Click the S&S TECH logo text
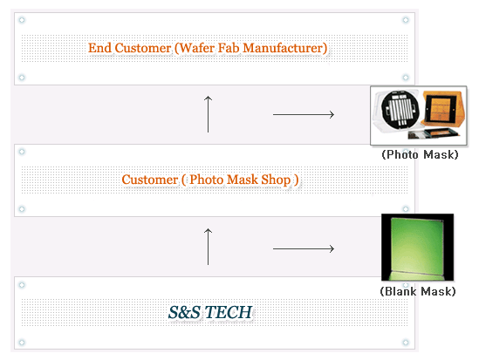pyautogui.click(x=210, y=312)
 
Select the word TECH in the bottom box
pyautogui.click(x=229, y=312)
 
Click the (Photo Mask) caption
pyautogui.click(x=420, y=154)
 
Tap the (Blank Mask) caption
pyautogui.click(x=418, y=291)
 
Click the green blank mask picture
pyautogui.click(x=417, y=248)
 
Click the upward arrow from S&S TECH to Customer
pyautogui.click(x=208, y=247)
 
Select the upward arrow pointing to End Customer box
pyautogui.click(x=208, y=114)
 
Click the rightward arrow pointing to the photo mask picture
pyautogui.click(x=304, y=114)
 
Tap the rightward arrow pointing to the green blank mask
pyautogui.click(x=304, y=248)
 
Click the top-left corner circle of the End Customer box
pyautogui.click(x=22, y=20)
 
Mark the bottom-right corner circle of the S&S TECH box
pyautogui.click(x=406, y=343)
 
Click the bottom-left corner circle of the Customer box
pyautogui.click(x=22, y=209)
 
